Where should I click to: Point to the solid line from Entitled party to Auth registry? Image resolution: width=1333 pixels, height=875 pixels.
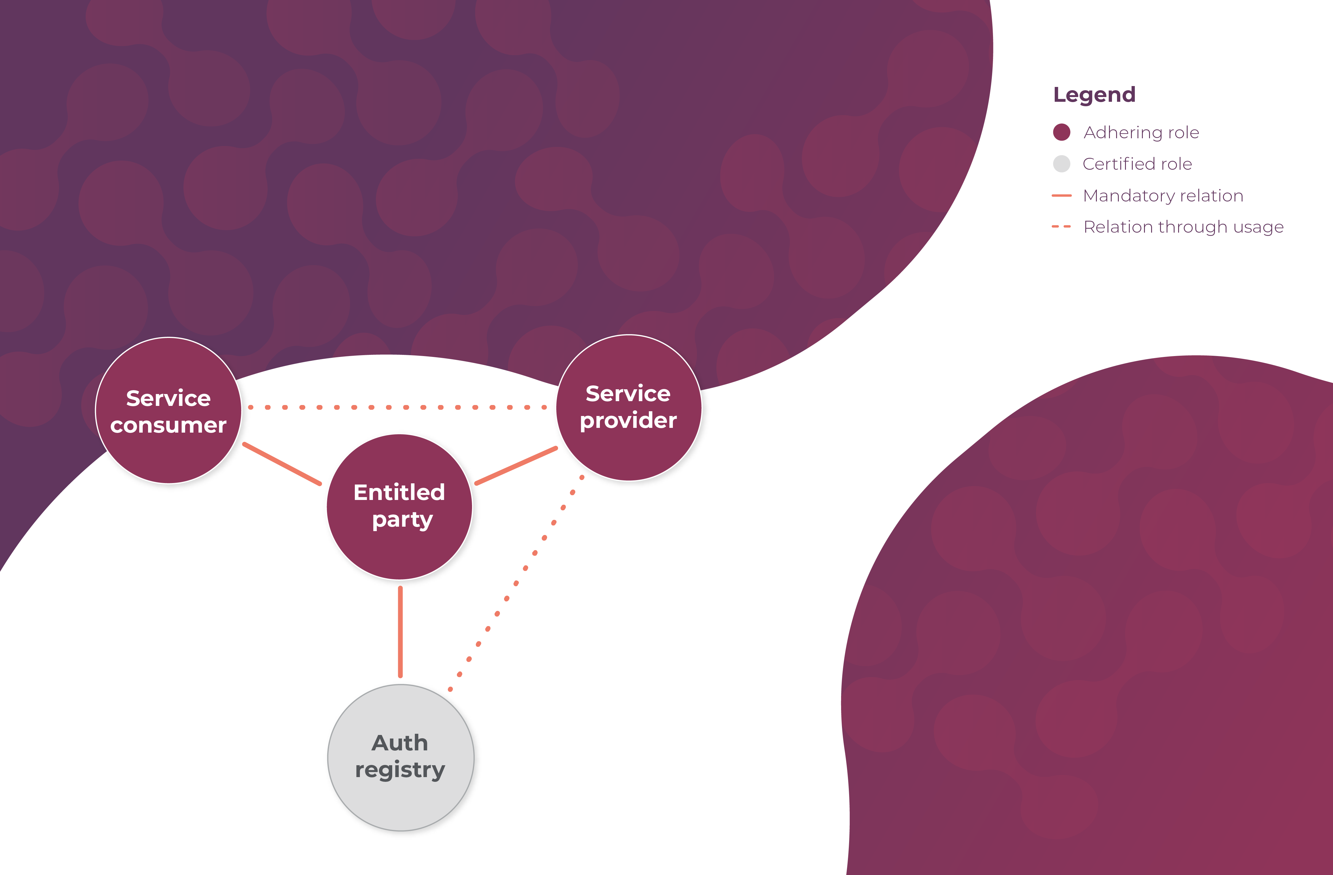pyautogui.click(x=400, y=632)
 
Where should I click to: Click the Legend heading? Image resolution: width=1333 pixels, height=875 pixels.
pyautogui.click(x=1094, y=95)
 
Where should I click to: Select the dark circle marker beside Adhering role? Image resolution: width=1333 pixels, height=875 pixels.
pyautogui.click(x=1061, y=132)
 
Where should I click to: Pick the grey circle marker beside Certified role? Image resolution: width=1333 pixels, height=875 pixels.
pyautogui.click(x=1061, y=163)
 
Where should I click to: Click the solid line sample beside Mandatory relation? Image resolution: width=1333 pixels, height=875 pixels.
pyautogui.click(x=1061, y=196)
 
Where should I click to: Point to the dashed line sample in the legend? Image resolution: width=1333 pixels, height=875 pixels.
pyautogui.click(x=1061, y=227)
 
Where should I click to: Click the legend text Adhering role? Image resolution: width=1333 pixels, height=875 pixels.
pyautogui.click(x=1141, y=132)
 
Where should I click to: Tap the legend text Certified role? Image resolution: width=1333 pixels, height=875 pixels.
pyautogui.click(x=1137, y=163)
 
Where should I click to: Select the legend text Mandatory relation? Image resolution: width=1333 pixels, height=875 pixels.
pyautogui.click(x=1163, y=196)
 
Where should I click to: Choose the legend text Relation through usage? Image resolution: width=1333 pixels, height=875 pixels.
pyautogui.click(x=1183, y=227)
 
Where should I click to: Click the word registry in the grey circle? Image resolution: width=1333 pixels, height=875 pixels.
pyautogui.click(x=400, y=770)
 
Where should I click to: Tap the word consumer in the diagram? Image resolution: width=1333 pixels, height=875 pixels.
pyautogui.click(x=169, y=425)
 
